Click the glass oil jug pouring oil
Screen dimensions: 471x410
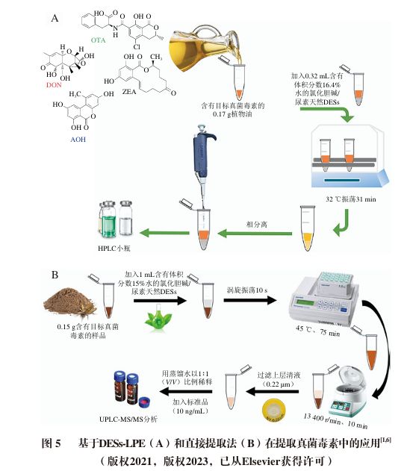pos(195,41)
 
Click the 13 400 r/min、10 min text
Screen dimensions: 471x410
pos(332,414)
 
